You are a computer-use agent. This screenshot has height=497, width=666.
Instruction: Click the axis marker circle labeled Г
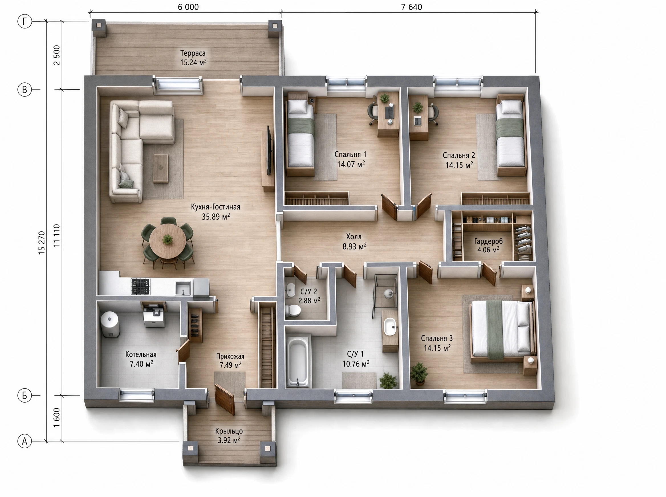pyautogui.click(x=25, y=21)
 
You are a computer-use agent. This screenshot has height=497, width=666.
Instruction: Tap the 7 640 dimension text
pyautogui.click(x=411, y=7)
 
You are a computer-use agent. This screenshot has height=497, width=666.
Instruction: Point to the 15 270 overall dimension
pyautogui.click(x=42, y=243)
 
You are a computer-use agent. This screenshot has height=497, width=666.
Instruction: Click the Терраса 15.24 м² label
pyautogui.click(x=193, y=58)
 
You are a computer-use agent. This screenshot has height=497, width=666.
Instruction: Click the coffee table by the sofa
pyautogui.click(x=161, y=168)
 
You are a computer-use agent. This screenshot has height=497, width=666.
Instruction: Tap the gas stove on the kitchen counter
pyautogui.click(x=140, y=286)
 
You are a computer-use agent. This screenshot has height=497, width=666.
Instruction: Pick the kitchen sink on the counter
pyautogui.click(x=183, y=288)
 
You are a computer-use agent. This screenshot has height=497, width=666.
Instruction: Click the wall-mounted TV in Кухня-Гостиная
pyautogui.click(x=269, y=150)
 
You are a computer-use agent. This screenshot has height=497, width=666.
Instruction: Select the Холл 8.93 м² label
pyautogui.click(x=354, y=242)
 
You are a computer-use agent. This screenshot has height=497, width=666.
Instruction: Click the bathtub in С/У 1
pyautogui.click(x=297, y=362)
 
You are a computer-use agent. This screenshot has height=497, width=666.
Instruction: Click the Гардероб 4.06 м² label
pyautogui.click(x=488, y=245)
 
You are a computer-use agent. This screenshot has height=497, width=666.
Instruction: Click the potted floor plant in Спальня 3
pyautogui.click(x=419, y=373)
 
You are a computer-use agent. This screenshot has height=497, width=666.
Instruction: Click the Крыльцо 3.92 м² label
pyautogui.click(x=229, y=436)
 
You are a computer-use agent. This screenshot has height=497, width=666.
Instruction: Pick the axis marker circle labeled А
pyautogui.click(x=25, y=441)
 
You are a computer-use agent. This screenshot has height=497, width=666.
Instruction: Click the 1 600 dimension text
pyautogui.click(x=56, y=417)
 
